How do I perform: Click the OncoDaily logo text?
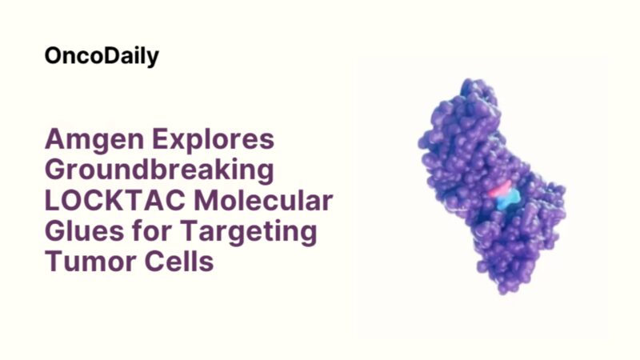pyautogui.click(x=102, y=56)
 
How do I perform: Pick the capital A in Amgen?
pyautogui.click(x=56, y=139)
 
